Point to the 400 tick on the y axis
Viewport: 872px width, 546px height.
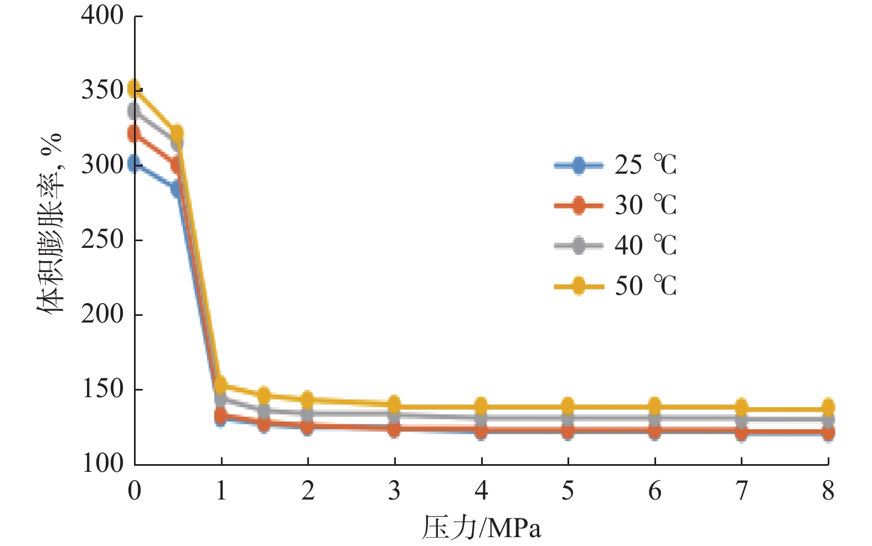(102, 15)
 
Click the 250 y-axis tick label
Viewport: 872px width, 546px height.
(102, 240)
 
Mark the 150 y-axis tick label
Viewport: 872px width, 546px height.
(102, 389)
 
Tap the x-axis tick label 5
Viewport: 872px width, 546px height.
(568, 491)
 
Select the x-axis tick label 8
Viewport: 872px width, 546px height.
(828, 491)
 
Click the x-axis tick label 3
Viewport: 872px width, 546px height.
(395, 491)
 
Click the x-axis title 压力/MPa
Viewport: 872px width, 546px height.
(481, 528)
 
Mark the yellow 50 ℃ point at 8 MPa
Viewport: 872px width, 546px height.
(828, 407)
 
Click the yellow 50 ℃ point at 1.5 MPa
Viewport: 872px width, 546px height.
(264, 396)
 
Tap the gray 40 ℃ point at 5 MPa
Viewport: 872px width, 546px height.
(568, 419)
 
